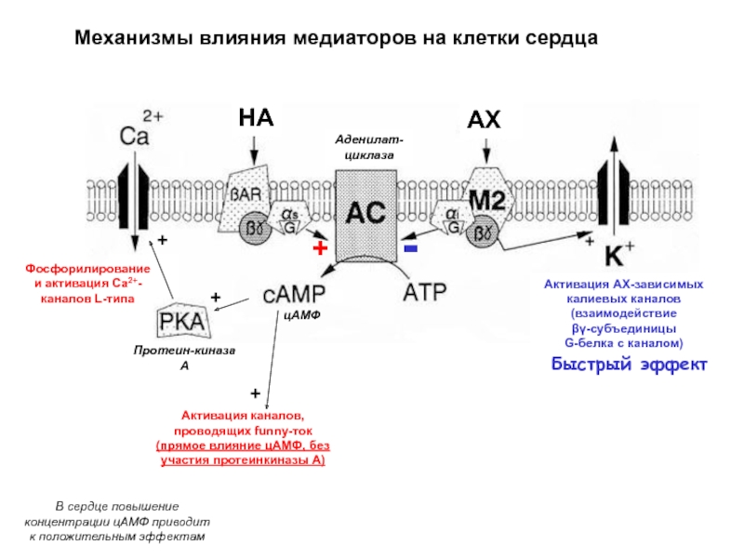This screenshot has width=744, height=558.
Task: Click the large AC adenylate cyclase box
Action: (x=365, y=216)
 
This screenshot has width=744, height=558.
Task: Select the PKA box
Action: (x=182, y=320)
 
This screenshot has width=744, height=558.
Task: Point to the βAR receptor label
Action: (x=246, y=194)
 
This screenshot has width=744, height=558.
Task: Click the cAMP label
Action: (x=294, y=294)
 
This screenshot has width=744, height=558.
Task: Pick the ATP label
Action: (x=425, y=292)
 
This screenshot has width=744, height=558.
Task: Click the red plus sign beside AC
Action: (x=320, y=247)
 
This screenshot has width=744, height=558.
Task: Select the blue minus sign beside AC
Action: (x=410, y=248)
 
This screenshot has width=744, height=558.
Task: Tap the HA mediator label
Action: (x=257, y=118)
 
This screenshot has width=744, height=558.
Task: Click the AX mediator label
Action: (x=484, y=120)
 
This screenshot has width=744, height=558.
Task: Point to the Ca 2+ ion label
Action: (x=141, y=129)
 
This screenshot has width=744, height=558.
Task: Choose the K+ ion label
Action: (x=619, y=254)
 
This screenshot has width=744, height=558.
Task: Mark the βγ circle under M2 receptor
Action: (x=483, y=232)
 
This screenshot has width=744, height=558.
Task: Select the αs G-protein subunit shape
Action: (x=289, y=219)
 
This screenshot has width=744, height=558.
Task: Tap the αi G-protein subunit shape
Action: (x=451, y=218)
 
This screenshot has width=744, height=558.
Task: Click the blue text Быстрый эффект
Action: (x=630, y=365)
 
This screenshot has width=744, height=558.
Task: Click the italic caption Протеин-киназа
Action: (x=184, y=351)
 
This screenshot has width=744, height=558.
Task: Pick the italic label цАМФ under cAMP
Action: (x=301, y=315)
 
